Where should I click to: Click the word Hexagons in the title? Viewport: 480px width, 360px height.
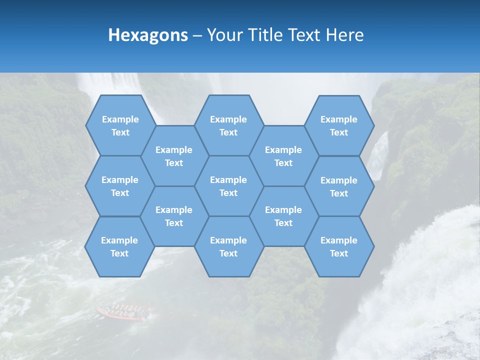point(148,35)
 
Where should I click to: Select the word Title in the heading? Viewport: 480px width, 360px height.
point(263,35)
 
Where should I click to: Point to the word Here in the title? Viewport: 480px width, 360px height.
point(345,35)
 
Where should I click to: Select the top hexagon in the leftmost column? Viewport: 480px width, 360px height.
point(120,125)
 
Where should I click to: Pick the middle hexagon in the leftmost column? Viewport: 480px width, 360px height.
point(120,186)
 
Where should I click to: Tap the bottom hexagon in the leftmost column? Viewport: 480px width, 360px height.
point(119,246)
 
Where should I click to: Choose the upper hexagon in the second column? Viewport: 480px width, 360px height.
point(174,156)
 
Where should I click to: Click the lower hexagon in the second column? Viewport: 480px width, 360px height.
point(174,216)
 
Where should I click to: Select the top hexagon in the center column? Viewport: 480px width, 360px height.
point(228,125)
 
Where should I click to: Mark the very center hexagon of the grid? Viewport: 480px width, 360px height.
point(228,186)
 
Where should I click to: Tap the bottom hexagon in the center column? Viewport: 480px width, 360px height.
point(228,246)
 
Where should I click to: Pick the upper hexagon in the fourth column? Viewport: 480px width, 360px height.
point(283,156)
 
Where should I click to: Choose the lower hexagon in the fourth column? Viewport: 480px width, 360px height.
point(283,216)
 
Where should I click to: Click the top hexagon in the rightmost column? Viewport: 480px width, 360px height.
point(339,125)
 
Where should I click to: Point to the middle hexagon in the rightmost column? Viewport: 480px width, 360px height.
point(339,186)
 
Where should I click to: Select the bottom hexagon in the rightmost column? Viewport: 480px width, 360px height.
point(339,246)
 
